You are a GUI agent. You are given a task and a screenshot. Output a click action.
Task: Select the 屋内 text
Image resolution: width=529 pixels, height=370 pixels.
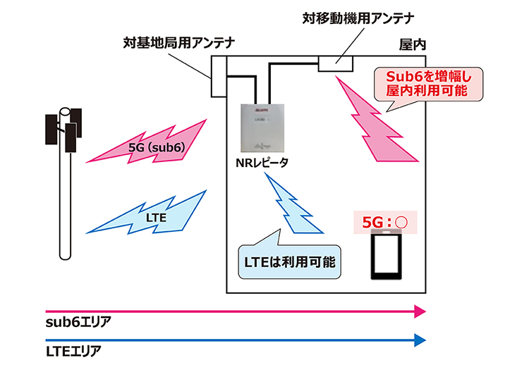[413, 44]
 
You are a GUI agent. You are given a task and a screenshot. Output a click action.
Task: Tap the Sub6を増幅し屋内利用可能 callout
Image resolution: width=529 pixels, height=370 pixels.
[426, 84]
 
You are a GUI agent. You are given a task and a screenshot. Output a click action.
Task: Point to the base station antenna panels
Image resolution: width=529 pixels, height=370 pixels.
[64, 129]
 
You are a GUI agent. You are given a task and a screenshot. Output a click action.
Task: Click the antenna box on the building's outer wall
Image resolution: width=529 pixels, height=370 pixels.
[217, 82]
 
